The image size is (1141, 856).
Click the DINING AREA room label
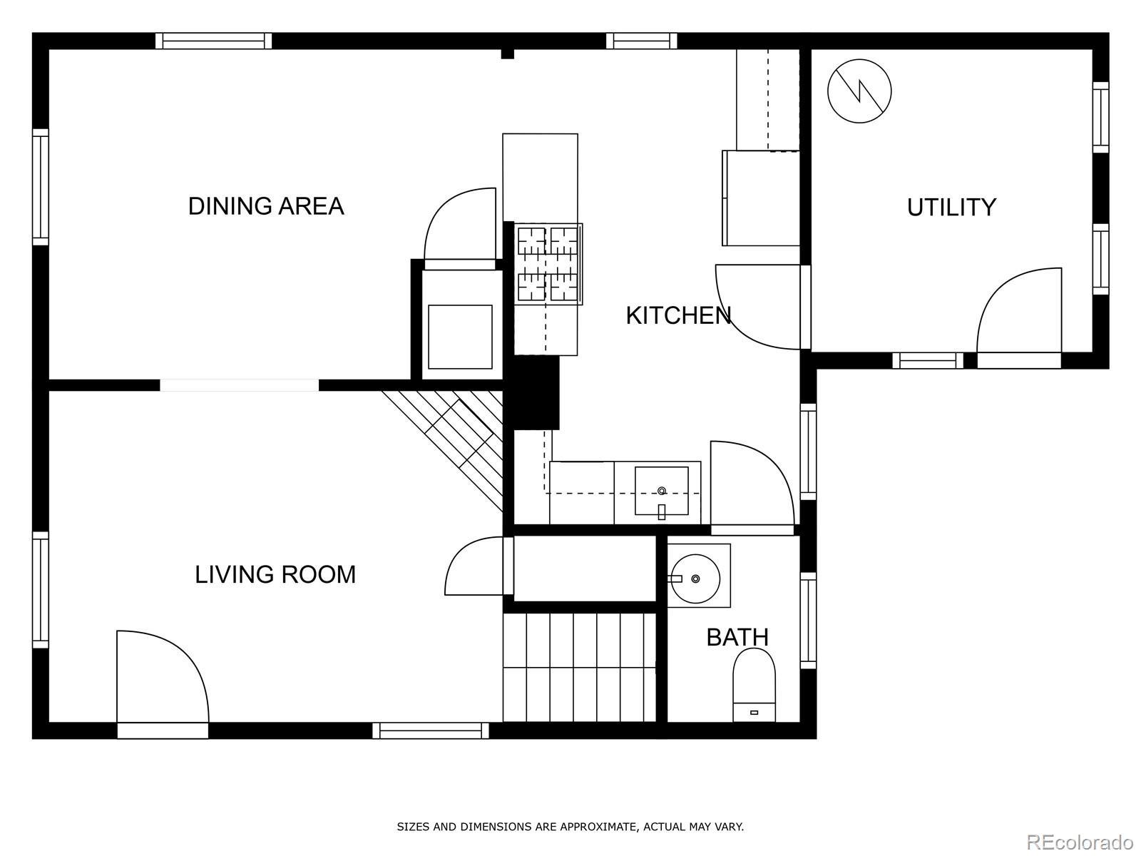pos(265,206)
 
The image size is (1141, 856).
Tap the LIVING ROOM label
pos(275,575)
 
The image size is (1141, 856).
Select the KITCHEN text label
pos(678,315)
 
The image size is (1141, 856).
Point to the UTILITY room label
pos(951,208)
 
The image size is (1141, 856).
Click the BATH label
pos(737,637)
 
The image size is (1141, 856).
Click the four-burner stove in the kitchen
pos(548,264)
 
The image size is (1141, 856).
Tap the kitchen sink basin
pos(661,491)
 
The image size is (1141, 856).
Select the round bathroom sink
pos(695,579)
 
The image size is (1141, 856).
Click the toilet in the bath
pos(754,685)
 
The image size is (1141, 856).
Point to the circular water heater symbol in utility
pos(859,91)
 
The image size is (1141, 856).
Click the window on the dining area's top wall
pos(214,41)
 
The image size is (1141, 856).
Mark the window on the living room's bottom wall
pos(431,730)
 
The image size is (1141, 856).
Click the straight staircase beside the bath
pos(579,668)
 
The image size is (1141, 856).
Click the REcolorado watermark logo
pos(1080,842)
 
